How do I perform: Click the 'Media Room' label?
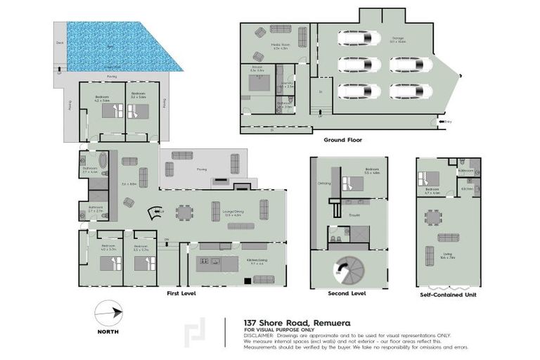(262, 46)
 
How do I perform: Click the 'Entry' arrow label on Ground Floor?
(449, 122)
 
